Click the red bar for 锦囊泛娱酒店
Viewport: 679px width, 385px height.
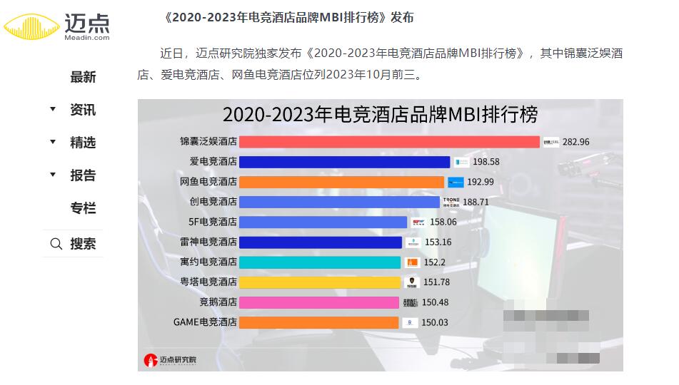coord(389,142)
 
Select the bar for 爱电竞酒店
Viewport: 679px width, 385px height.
coord(345,162)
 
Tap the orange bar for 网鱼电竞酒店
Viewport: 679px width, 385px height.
coord(342,182)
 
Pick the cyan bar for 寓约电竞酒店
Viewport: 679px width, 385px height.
coord(320,262)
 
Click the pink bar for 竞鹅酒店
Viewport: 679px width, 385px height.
coord(319,302)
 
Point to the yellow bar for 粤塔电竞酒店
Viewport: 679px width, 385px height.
coord(320,282)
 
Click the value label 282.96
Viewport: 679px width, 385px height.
coord(576,142)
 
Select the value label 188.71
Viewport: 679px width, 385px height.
coord(476,202)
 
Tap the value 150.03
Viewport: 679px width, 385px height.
coord(435,322)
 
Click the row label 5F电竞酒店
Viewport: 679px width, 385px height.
coord(213,222)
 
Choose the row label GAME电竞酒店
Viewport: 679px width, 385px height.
coord(206,322)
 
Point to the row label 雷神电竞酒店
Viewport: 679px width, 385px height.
coord(208,242)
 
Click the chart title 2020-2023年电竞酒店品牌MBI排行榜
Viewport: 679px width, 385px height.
coord(380,115)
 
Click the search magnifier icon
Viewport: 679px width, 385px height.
coord(56,244)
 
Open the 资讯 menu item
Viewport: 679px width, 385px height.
coord(83,110)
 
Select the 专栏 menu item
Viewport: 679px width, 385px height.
coord(83,208)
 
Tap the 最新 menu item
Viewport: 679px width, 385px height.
coord(83,77)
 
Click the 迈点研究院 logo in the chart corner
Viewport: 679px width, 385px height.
coord(170,360)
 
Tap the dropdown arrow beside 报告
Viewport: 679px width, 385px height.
coord(52,175)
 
